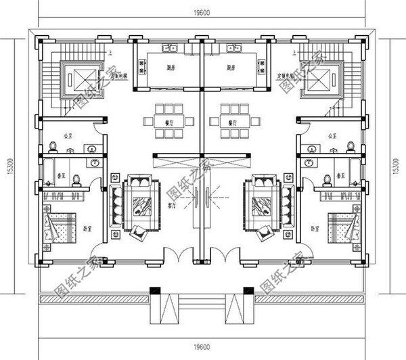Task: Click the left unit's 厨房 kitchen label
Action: (173, 68)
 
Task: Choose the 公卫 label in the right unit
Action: (332, 135)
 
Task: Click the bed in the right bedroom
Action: (338, 223)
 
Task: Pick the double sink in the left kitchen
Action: (169, 49)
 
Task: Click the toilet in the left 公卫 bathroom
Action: (53, 145)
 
